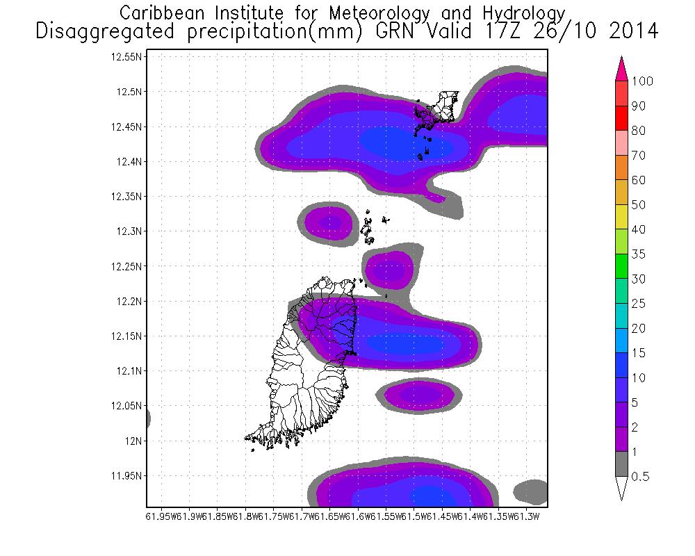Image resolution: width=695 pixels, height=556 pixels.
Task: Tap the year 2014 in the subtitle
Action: [629, 32]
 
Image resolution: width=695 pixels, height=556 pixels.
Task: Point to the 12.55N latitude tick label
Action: [127, 57]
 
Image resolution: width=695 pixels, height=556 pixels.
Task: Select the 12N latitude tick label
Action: [134, 441]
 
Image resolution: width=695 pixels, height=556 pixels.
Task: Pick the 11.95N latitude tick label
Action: [127, 476]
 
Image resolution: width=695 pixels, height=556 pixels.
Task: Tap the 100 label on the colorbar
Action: [642, 81]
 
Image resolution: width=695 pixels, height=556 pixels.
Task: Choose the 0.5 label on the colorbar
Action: [640, 477]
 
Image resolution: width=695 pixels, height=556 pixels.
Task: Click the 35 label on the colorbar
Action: [638, 254]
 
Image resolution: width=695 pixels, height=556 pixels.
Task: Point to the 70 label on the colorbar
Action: [638, 156]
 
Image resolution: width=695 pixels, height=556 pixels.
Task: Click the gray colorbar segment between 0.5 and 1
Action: [621, 464]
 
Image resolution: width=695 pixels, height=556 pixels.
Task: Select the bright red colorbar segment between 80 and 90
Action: [621, 118]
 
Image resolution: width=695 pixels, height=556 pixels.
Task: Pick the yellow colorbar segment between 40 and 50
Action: [621, 217]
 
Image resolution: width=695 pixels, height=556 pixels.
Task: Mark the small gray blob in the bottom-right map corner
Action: [532, 491]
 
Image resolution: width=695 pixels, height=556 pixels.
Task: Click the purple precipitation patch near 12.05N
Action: [417, 395]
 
